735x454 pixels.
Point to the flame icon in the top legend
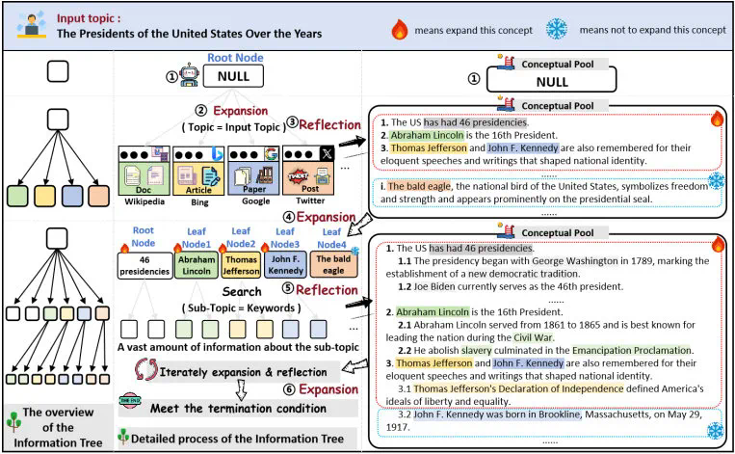pos(401,30)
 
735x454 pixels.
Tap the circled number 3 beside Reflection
pos(293,122)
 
